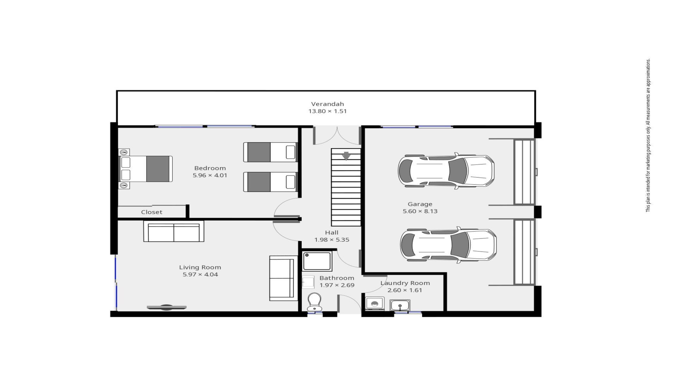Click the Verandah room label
(327, 104)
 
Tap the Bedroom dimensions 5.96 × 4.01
(210, 175)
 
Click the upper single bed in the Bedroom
(270, 152)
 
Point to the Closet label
(152, 212)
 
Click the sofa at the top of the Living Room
(174, 232)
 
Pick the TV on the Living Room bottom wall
(167, 308)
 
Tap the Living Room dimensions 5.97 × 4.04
(200, 274)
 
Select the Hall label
(332, 233)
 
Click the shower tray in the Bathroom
(317, 261)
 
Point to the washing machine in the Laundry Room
(375, 304)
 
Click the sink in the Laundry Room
(400, 305)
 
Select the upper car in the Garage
(446, 171)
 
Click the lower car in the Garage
(448, 245)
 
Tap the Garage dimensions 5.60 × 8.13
(420, 211)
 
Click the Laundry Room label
(405, 283)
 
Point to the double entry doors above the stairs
(337, 135)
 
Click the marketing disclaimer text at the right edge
(648, 135)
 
